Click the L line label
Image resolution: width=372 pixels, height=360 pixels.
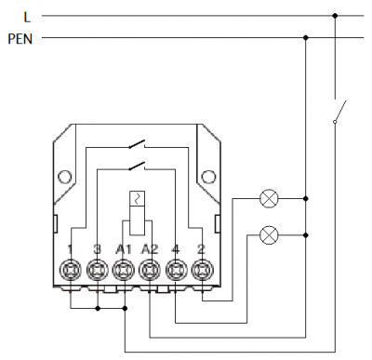pos(27,17)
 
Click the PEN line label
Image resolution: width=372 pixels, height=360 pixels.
pos(20,39)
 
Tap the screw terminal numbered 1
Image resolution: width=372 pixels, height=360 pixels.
pos(71,271)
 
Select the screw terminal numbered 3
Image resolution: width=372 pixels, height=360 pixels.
pos(98,271)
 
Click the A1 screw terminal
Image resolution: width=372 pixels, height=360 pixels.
pos(124,271)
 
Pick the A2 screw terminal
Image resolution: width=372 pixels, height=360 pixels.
pos(150,271)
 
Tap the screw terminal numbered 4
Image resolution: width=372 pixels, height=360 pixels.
pos(176,271)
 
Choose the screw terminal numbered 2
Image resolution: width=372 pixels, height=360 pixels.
pos(202,271)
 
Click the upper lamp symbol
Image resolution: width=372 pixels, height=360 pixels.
pos(269,198)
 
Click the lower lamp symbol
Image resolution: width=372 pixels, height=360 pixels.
pos(269,235)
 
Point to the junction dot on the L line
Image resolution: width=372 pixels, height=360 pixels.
pos(335,16)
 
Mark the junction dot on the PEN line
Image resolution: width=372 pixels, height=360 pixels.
pos(306,38)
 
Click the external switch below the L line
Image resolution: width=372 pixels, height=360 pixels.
pos(339,111)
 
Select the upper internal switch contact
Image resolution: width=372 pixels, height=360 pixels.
pos(138,144)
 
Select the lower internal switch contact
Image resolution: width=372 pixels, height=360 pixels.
pos(138,167)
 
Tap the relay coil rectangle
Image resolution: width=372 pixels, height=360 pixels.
pos(138,213)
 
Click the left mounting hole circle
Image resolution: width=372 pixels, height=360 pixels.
pos(65,177)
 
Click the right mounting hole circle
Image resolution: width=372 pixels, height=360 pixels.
pos(208,177)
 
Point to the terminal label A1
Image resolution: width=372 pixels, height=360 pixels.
pos(124,249)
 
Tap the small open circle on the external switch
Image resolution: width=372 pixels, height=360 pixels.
pos(335,122)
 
